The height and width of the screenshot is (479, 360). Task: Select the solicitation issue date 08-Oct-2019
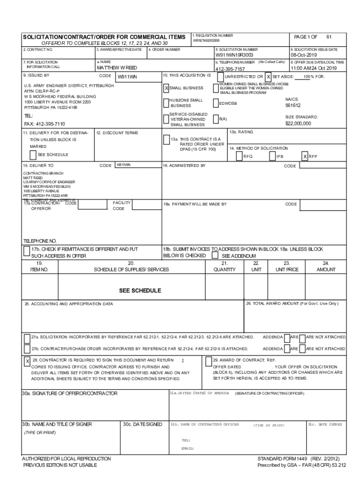click(304, 55)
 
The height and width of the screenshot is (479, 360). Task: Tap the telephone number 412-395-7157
click(230, 69)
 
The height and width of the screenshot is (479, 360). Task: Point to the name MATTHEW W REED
click(116, 68)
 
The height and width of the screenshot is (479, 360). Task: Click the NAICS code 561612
click(293, 105)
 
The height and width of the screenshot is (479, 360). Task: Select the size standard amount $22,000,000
click(298, 123)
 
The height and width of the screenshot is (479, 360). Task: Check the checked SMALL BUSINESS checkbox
click(166, 88)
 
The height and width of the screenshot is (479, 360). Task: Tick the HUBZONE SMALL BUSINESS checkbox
click(166, 102)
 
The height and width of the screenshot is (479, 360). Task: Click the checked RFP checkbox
click(304, 156)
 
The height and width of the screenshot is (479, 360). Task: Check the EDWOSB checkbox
click(216, 104)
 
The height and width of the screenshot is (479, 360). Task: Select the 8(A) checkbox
click(216, 119)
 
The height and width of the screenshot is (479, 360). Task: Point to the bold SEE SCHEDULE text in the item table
click(140, 290)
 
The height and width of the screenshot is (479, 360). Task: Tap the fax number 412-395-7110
click(44, 124)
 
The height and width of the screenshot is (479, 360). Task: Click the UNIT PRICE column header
click(287, 269)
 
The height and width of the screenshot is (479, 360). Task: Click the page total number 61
click(329, 36)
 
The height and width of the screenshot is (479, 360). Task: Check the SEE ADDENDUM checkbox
click(215, 256)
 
